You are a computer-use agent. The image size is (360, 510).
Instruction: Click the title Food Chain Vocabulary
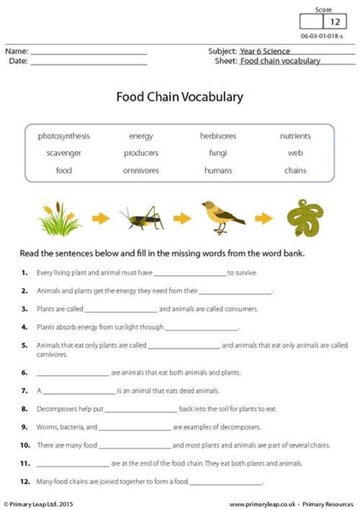tap(179, 97)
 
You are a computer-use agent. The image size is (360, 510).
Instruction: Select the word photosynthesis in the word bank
tap(64, 136)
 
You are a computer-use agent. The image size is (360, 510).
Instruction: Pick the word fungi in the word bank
tap(218, 153)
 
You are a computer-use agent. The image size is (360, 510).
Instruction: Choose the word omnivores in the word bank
tap(141, 170)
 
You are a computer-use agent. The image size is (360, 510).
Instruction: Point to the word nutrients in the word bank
tap(295, 136)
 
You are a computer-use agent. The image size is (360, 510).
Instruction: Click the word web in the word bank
tap(295, 153)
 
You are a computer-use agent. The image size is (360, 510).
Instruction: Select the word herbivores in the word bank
tap(218, 136)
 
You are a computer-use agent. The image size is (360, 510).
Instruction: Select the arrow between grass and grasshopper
tap(99, 220)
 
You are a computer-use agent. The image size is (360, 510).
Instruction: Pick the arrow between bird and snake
tap(262, 220)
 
